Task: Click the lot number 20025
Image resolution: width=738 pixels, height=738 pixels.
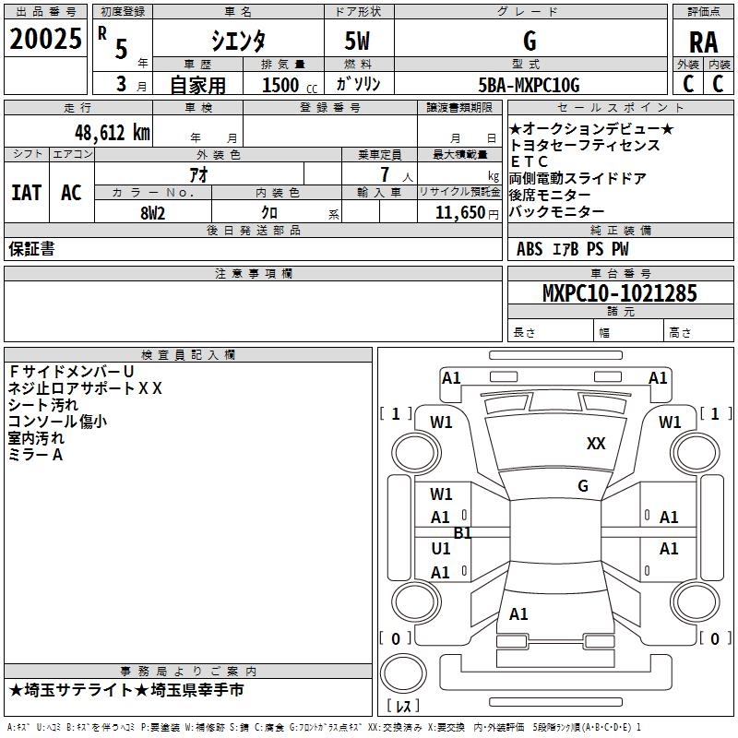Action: click(x=45, y=39)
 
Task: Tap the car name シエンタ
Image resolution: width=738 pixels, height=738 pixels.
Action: click(x=238, y=41)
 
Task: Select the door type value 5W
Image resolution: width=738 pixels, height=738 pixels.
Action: click(x=357, y=41)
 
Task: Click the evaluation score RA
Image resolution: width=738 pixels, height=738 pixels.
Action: click(x=703, y=42)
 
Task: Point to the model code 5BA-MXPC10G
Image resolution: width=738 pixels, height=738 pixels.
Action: click(x=529, y=85)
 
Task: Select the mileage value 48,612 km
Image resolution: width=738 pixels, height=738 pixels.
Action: click(x=113, y=133)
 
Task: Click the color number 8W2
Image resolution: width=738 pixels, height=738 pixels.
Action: click(x=152, y=213)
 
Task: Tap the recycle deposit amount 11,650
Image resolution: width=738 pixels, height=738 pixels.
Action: click(x=459, y=213)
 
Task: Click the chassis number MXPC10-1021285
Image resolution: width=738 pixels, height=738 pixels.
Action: click(x=619, y=293)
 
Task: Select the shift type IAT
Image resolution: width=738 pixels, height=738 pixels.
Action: click(x=26, y=193)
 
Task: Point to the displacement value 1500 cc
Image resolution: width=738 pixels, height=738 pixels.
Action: click(x=290, y=85)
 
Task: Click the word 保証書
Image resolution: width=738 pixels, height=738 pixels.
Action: click(x=31, y=248)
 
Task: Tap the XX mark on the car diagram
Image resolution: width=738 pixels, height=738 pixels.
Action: click(x=596, y=444)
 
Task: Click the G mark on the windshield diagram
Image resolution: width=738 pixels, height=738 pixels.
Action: click(x=583, y=486)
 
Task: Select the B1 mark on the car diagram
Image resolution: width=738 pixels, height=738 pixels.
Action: click(x=462, y=533)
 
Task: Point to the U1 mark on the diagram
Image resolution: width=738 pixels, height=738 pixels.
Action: click(x=441, y=549)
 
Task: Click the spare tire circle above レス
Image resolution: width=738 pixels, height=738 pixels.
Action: click(x=403, y=673)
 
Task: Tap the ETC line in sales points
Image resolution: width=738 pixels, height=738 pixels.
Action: click(x=529, y=162)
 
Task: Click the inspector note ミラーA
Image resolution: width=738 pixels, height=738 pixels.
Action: click(x=35, y=455)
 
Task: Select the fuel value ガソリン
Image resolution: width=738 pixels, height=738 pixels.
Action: click(x=358, y=84)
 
